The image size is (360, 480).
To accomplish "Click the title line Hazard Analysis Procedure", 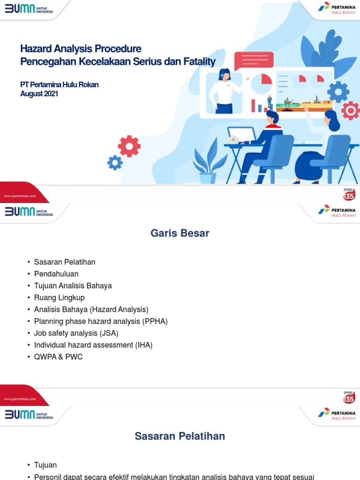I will click(81, 49).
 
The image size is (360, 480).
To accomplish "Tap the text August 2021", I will click(39, 93).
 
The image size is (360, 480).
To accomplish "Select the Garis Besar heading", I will click(180, 233).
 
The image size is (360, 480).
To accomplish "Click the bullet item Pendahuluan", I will click(56, 274).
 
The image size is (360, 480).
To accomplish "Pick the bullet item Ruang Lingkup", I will click(59, 298).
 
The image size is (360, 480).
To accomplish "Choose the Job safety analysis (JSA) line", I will click(76, 333).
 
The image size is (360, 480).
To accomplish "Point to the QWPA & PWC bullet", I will click(58, 357).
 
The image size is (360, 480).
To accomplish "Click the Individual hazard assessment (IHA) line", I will click(93, 345).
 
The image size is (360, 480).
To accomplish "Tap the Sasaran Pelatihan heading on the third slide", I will click(180, 436).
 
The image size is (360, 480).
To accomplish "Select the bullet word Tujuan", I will click(45, 465).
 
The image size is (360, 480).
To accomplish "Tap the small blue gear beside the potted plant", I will click(115, 163).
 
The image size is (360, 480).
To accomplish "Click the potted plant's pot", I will click(208, 178).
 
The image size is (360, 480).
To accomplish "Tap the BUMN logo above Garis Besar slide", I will click(29, 211).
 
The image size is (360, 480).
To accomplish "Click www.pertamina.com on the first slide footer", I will click(20, 196).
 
